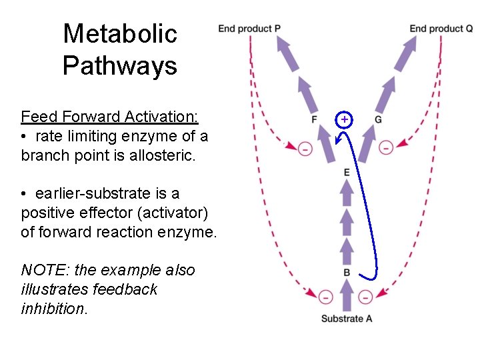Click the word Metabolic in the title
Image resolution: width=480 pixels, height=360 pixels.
120,33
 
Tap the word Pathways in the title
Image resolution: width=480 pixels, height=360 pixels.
120,65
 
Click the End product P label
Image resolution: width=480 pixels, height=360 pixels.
249,28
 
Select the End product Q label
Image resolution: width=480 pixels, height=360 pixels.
441,28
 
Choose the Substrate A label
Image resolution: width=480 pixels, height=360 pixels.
347,319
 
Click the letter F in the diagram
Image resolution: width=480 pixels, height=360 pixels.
314,119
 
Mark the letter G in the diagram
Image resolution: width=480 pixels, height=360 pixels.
378,119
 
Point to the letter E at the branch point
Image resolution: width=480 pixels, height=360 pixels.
347,173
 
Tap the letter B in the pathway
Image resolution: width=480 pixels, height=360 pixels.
347,273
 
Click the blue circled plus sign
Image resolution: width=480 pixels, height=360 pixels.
344,119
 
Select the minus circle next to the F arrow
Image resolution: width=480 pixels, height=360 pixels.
305,149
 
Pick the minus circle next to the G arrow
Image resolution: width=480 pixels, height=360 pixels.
386,147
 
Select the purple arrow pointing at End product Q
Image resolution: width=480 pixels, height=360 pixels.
405,54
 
